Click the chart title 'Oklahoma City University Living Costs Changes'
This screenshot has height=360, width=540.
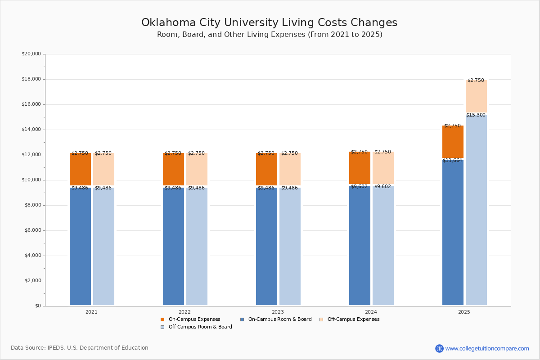point(269,23)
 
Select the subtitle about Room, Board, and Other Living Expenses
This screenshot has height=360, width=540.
point(270,35)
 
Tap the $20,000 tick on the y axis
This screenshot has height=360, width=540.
point(31,54)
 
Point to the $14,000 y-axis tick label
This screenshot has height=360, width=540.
point(31,130)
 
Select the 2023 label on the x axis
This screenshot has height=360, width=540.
point(278,312)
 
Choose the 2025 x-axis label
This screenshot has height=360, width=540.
point(464,312)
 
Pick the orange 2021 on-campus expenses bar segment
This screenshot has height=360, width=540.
point(80,170)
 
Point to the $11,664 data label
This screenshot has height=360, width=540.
point(452,161)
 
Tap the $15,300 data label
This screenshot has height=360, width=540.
point(476,115)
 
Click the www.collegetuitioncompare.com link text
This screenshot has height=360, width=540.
point(487,348)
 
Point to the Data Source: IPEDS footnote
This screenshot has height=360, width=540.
point(80,348)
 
